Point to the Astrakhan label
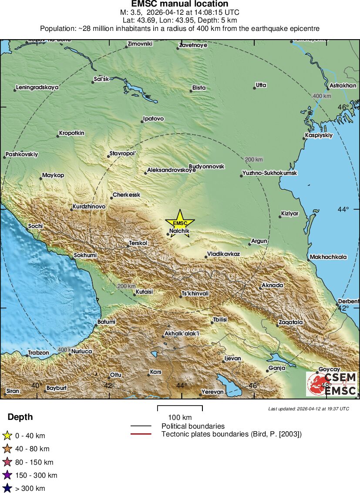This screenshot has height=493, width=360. [343, 85]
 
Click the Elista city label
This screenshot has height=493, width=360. [199, 88]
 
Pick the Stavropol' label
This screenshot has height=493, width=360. [123, 154]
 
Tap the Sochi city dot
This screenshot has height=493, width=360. [27, 230]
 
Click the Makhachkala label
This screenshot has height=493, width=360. [329, 257]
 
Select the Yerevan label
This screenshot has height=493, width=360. [213, 392]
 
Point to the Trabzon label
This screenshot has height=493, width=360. [39, 352]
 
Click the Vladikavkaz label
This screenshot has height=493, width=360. [223, 253]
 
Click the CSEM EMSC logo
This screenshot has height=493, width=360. [332, 384]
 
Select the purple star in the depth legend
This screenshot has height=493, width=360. [7, 475]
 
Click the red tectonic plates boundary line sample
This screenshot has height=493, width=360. [141, 434]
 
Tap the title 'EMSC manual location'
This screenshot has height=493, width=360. [180, 4]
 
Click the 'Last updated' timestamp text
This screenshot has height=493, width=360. [309, 409]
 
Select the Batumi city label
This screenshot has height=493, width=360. [107, 322]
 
